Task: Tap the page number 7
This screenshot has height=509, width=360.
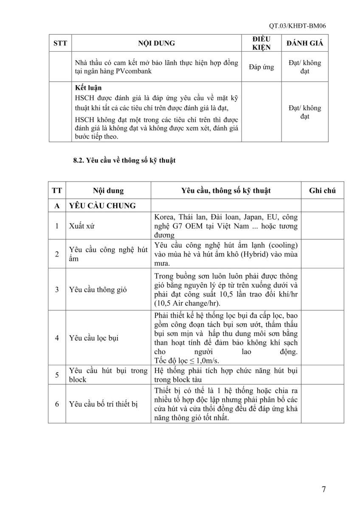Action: (324, 489)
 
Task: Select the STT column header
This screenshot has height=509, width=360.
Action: (60, 43)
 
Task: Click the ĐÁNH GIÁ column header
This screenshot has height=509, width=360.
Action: (304, 43)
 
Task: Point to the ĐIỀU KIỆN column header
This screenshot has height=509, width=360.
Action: (262, 43)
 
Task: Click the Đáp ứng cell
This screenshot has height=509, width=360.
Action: (262, 67)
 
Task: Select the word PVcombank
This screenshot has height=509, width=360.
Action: (132, 71)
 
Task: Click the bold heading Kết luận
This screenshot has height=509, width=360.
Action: (86, 88)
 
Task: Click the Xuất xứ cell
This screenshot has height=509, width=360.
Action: (81, 226)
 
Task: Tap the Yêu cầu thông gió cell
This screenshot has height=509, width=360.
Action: (97, 290)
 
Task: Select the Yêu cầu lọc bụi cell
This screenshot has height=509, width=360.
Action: (93, 338)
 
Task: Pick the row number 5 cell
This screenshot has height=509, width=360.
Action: (57, 375)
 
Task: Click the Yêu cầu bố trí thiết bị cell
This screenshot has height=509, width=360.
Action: (104, 404)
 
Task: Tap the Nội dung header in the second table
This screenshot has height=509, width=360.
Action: (109, 191)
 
